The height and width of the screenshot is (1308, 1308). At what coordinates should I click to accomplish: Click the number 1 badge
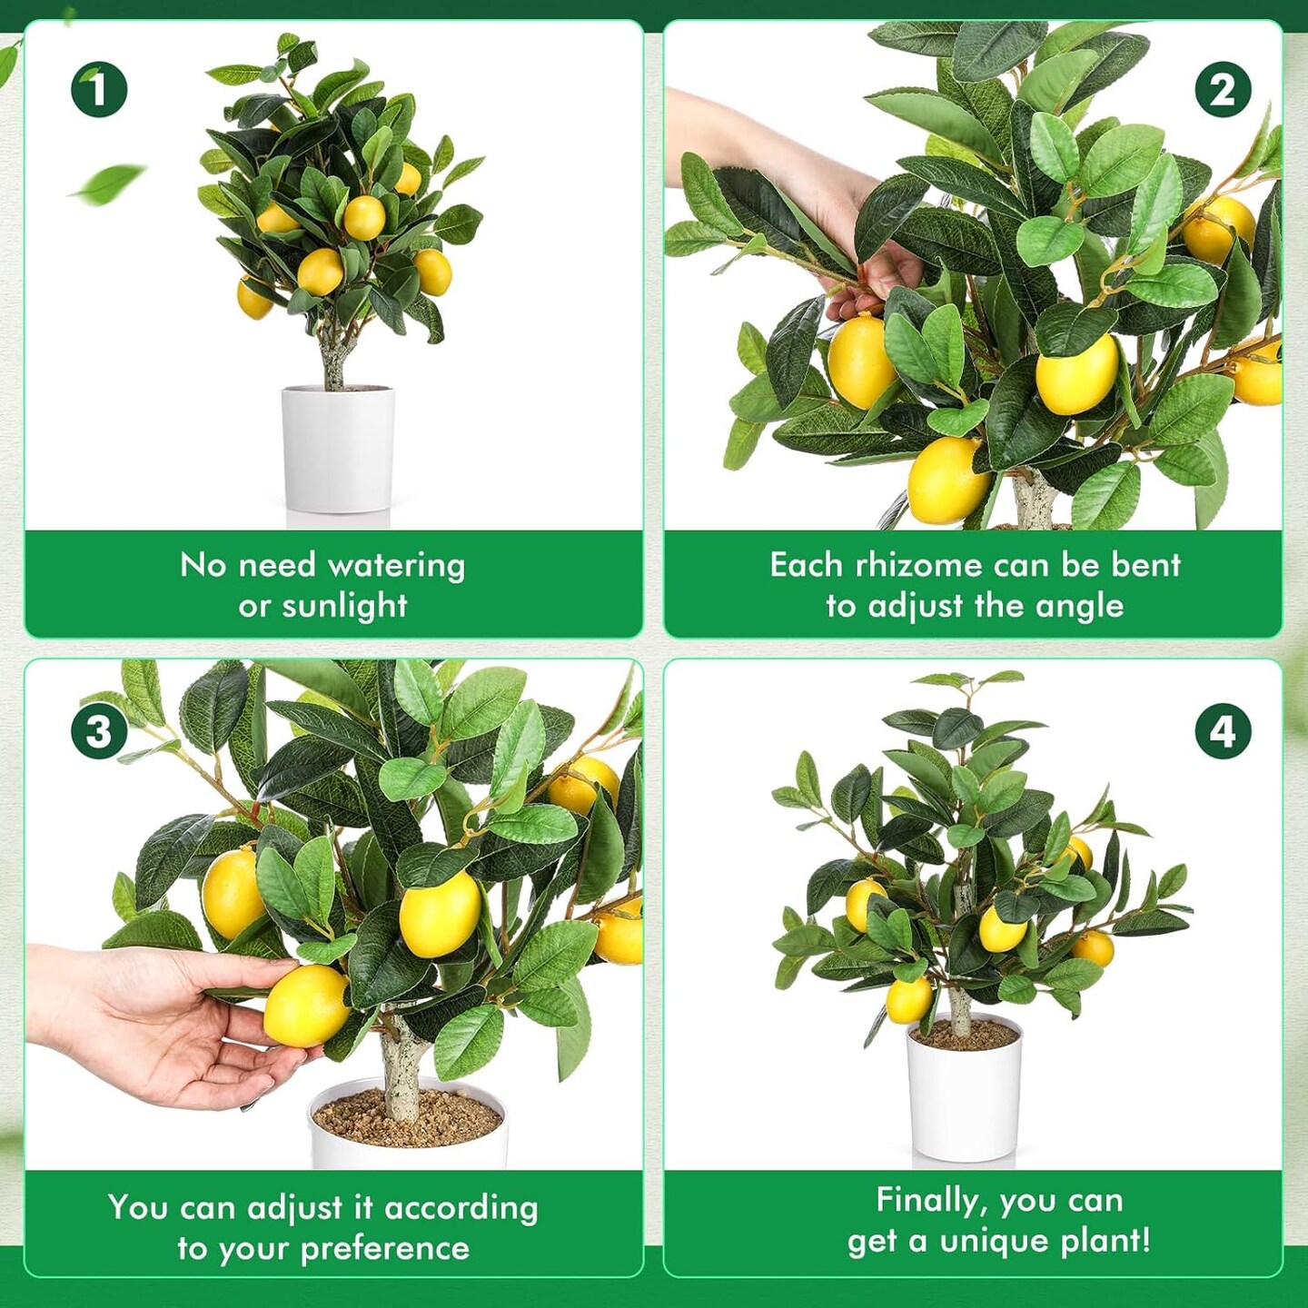click(99, 89)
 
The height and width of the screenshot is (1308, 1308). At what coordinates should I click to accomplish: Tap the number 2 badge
click(1224, 89)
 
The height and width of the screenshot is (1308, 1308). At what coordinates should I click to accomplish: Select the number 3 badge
click(99, 732)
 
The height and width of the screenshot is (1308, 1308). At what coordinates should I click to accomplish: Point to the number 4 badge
click(1224, 732)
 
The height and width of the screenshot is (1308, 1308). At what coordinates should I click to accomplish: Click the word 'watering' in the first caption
click(396, 566)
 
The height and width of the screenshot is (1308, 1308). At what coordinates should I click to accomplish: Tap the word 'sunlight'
click(344, 606)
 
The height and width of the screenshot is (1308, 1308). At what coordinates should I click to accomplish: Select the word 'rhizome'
click(918, 565)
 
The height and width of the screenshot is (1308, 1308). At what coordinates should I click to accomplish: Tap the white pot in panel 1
click(338, 449)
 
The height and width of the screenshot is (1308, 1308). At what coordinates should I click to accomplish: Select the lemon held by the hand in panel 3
click(306, 1006)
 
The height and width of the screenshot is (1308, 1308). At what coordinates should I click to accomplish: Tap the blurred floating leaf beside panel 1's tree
click(109, 183)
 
